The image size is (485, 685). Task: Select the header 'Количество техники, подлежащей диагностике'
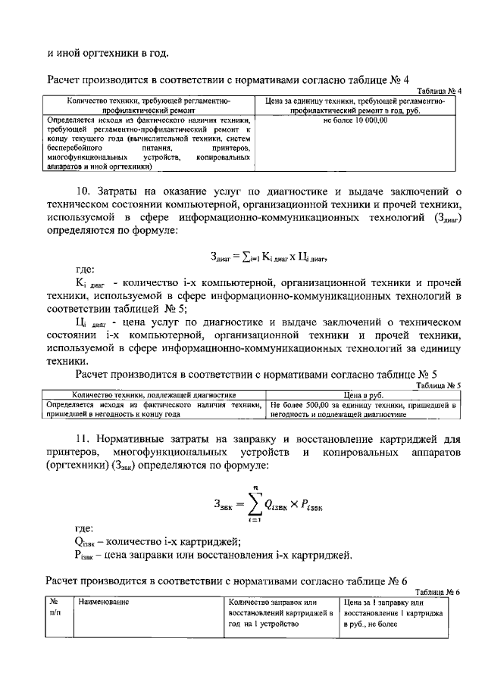pos(153,395)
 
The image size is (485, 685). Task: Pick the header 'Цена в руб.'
pos(364,395)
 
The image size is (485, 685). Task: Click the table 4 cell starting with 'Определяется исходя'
pos(148,143)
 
